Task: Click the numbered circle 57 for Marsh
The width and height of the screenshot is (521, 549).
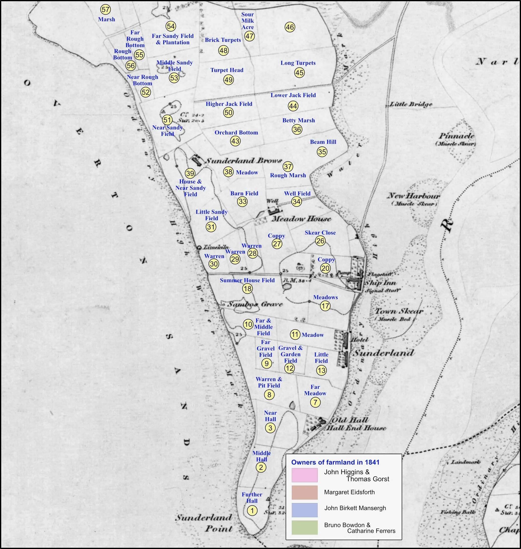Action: pyautogui.click(x=105, y=10)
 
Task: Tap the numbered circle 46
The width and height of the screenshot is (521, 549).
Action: pyautogui.click(x=290, y=27)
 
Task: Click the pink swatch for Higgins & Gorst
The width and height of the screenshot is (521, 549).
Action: pyautogui.click(x=304, y=475)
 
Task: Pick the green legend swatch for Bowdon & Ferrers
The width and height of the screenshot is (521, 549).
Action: pyautogui.click(x=304, y=527)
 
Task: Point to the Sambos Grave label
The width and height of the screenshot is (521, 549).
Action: pyautogui.click(x=255, y=304)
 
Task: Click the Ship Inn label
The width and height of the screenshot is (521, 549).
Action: pyautogui.click(x=380, y=283)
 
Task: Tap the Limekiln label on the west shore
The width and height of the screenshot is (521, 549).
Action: pyautogui.click(x=216, y=247)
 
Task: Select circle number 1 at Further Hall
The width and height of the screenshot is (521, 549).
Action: pyautogui.click(x=252, y=510)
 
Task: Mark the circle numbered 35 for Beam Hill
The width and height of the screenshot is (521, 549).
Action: pyautogui.click(x=322, y=152)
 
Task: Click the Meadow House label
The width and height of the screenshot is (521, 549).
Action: pyautogui.click(x=301, y=219)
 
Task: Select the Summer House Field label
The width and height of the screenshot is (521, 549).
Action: pyautogui.click(x=247, y=280)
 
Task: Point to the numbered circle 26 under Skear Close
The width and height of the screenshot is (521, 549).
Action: pyautogui.click(x=320, y=241)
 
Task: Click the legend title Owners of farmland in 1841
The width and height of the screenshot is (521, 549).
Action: pyautogui.click(x=335, y=462)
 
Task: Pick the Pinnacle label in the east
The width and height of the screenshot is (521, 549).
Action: pyautogui.click(x=456, y=136)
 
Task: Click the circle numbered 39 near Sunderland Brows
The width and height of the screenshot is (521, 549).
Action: pyautogui.click(x=190, y=173)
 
